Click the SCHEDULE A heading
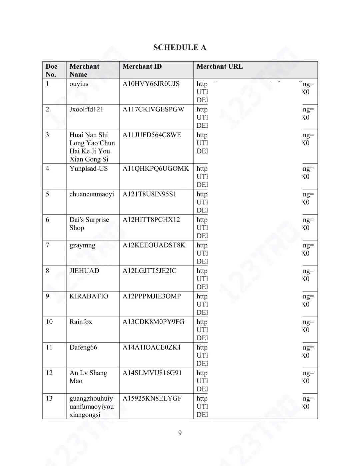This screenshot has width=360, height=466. (180, 47)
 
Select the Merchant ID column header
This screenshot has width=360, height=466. (142, 66)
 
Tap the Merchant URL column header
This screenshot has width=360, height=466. (220, 66)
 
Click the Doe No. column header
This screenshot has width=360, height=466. (51, 70)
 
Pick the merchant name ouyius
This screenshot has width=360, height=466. (79, 84)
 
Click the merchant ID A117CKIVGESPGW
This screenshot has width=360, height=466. (153, 109)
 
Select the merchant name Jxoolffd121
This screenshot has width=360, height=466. (86, 109)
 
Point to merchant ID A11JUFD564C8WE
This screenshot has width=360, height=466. (152, 135)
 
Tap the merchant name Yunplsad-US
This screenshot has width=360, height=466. (89, 168)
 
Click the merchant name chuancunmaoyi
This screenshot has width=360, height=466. (92, 194)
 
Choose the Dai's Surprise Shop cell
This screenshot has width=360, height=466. (89, 224)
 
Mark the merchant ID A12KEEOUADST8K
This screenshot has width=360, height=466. (154, 245)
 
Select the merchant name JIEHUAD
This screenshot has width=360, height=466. (84, 271)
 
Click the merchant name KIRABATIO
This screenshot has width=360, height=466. (89, 296)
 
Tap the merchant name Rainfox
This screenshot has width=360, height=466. (81, 322)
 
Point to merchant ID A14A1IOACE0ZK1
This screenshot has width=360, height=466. (152, 347)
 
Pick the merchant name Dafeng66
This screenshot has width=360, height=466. (83, 347)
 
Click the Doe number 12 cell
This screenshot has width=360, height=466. (49, 373)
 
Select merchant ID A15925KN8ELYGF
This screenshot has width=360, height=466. (152, 399)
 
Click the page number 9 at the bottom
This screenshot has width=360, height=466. (180, 433)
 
